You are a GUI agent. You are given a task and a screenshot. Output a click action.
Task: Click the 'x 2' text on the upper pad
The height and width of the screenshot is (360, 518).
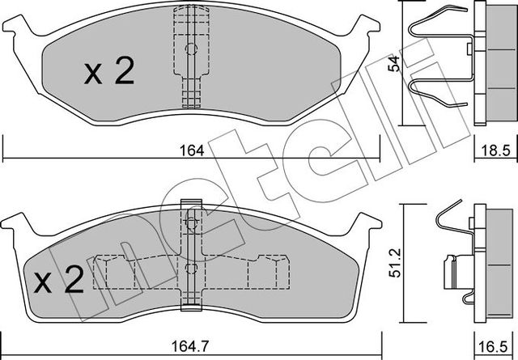108,74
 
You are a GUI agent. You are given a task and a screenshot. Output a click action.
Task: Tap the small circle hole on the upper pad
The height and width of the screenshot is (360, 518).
191,49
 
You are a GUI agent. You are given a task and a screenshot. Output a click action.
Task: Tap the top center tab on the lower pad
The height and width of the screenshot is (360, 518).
191,205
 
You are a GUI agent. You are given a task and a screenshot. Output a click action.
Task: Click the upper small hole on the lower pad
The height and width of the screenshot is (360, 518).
191,223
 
